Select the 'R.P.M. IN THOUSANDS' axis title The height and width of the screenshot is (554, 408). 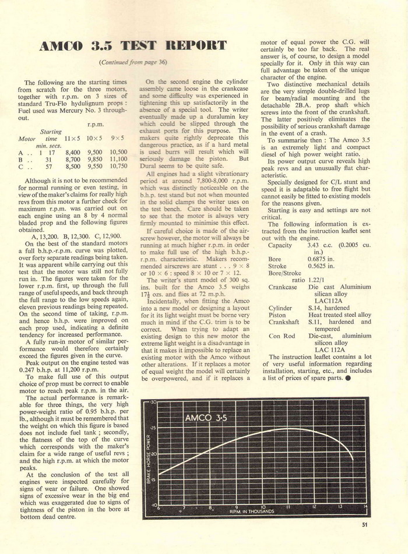(x=252, y=512)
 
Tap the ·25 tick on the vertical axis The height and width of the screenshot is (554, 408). (x=154, y=428)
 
